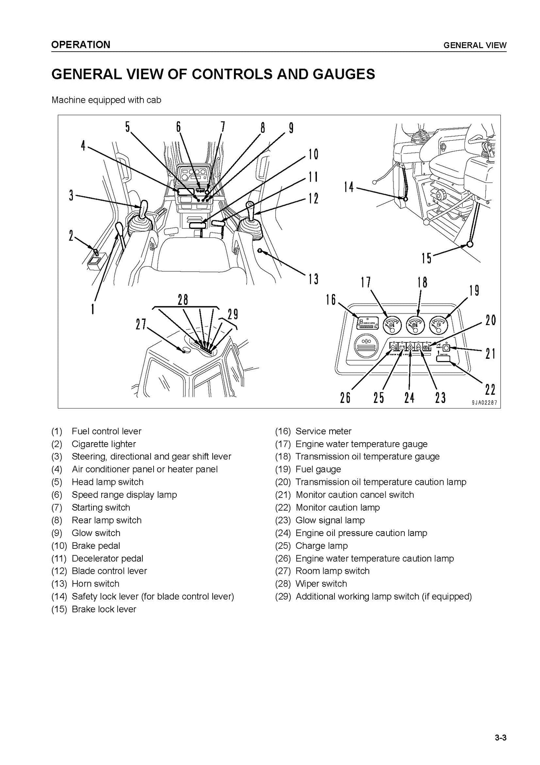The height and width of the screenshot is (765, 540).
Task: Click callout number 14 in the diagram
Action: [x=349, y=187]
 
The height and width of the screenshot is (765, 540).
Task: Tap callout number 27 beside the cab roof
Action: [x=141, y=324]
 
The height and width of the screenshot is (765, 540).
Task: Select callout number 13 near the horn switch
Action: [x=313, y=279]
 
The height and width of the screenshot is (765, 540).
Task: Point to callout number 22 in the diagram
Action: [x=490, y=390]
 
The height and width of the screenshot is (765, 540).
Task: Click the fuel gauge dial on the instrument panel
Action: [x=439, y=325]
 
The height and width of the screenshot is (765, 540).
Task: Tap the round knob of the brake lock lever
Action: [x=469, y=245]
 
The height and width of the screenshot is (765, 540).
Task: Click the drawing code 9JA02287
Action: [x=484, y=403]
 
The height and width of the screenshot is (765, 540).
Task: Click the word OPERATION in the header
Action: [x=81, y=45]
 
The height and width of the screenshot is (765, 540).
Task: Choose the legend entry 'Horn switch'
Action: [x=95, y=584]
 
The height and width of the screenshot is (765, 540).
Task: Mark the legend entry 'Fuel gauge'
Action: [x=318, y=469]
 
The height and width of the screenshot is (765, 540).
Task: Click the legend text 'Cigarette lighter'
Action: [x=104, y=444]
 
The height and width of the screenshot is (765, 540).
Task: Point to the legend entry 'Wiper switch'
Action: [x=321, y=584]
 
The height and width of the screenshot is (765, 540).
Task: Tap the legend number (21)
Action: [x=283, y=495]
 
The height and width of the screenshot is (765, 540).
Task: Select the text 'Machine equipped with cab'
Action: [x=106, y=100]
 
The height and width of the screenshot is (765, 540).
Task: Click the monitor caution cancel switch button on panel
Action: [x=445, y=347]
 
